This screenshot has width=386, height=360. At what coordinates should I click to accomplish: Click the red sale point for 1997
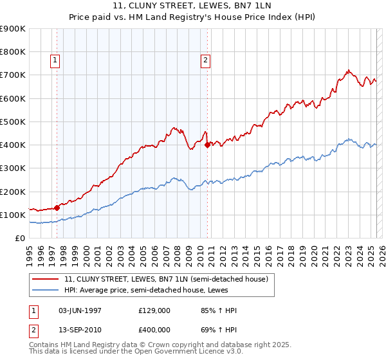pos(57,207)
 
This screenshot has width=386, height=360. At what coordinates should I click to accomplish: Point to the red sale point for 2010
pos(207,145)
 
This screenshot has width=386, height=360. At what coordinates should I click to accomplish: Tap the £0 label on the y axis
pos(19,238)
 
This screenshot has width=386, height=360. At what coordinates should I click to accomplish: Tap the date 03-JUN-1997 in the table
pos(80,310)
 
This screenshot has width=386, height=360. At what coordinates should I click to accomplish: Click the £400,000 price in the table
pos(154,330)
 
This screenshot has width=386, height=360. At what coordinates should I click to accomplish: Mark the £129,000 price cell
pos(154,310)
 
